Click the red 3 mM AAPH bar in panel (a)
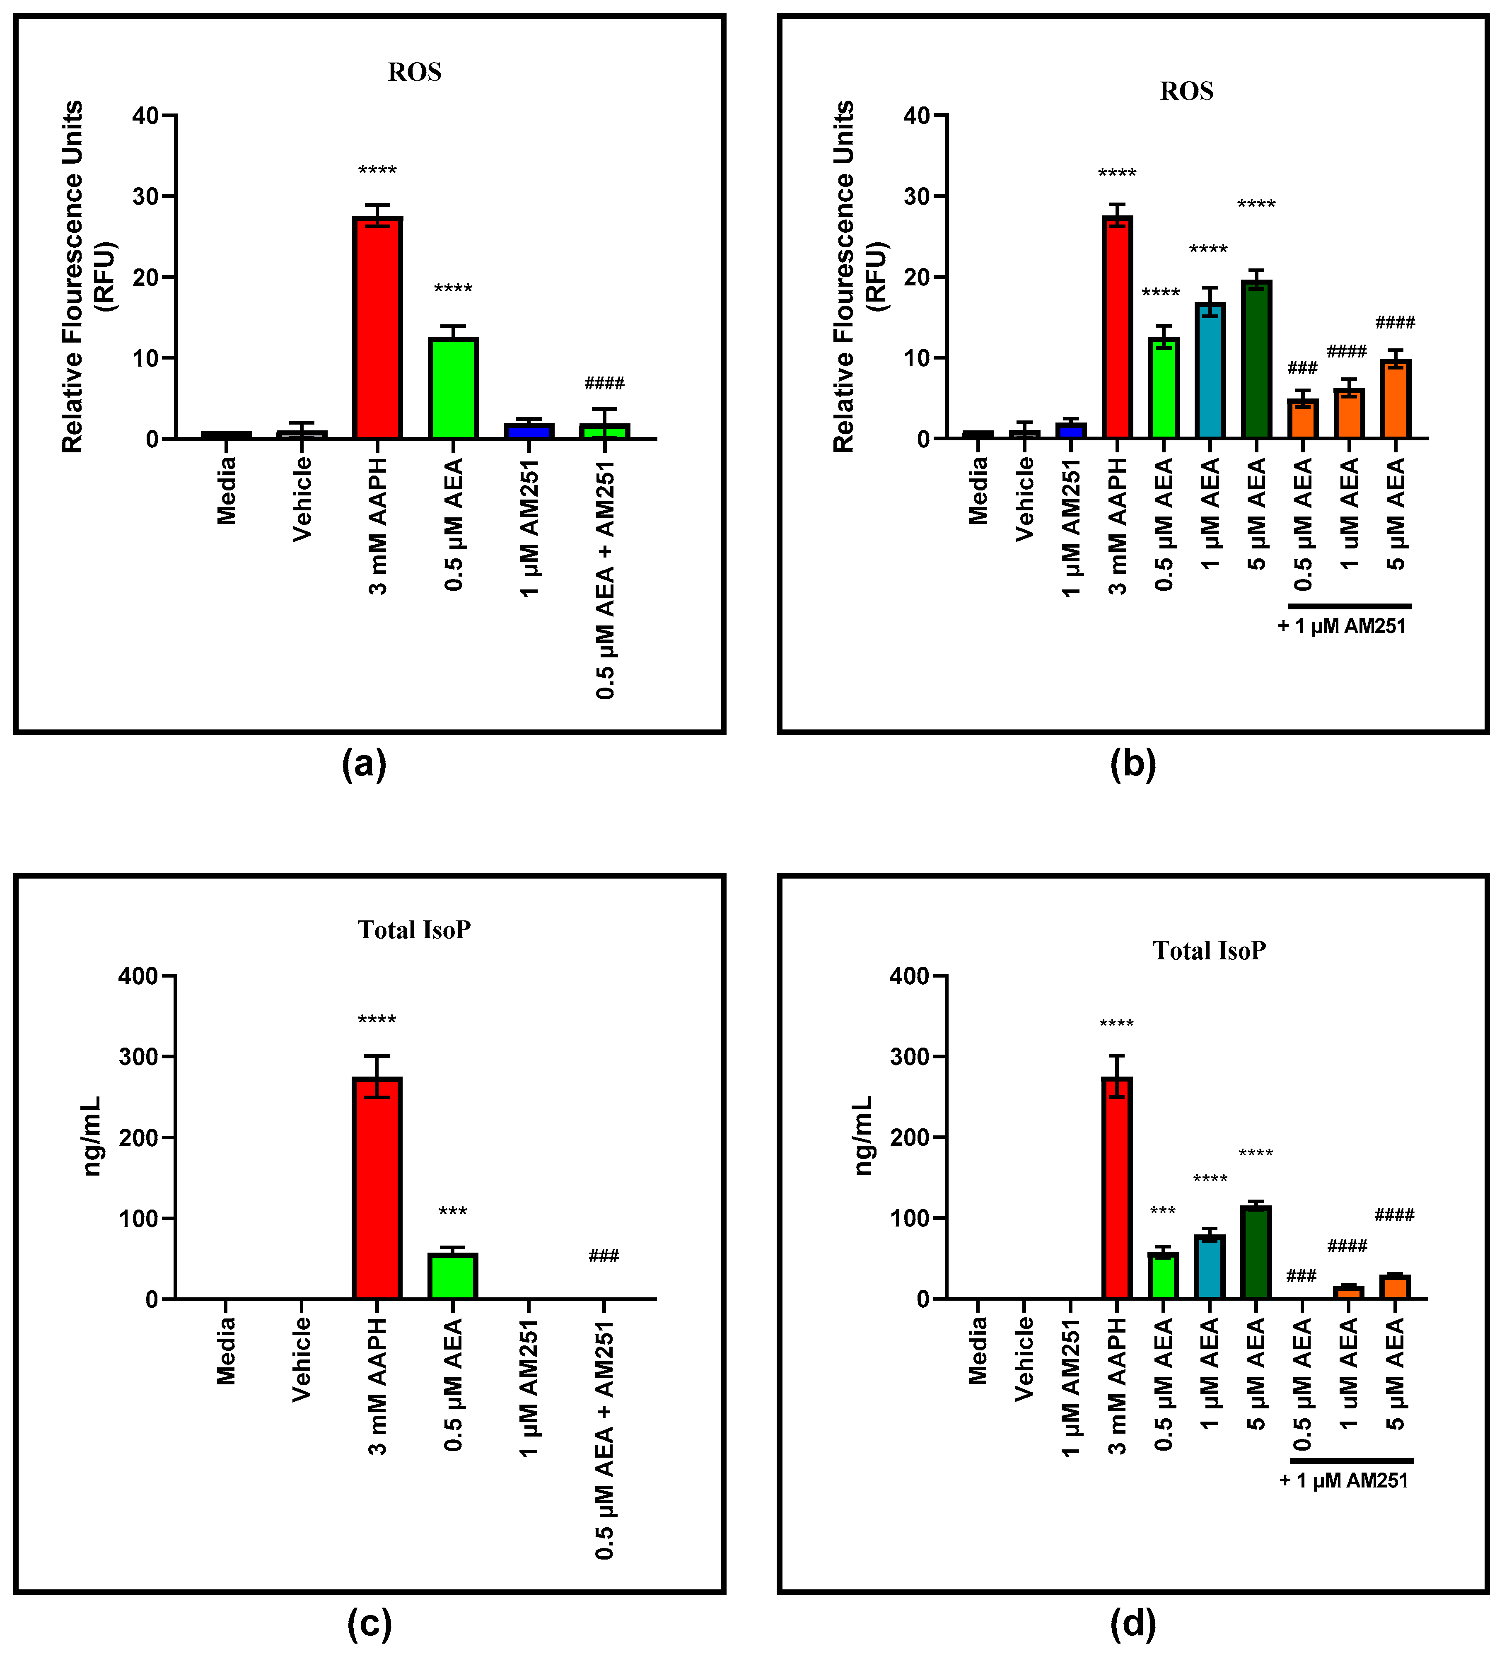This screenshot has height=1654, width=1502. [x=377, y=328]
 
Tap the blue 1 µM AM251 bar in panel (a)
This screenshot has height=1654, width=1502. [x=528, y=432]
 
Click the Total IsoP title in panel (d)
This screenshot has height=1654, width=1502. [x=1209, y=951]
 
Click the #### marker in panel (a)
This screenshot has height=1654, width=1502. [x=605, y=383]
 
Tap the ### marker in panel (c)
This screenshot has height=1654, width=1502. [x=604, y=1256]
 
